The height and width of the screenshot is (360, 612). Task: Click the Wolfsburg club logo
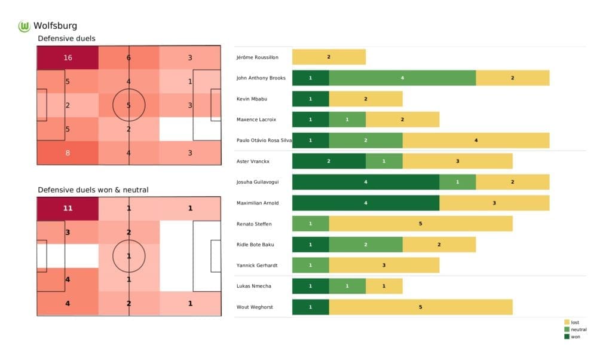[25, 26]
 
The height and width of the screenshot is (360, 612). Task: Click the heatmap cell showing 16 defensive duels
[67, 58]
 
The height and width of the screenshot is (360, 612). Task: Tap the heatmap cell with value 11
[67, 208]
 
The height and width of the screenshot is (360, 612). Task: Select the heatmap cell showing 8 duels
[67, 152]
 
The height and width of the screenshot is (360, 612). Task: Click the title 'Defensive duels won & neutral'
[93, 190]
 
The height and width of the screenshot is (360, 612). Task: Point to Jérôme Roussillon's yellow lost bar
[329, 57]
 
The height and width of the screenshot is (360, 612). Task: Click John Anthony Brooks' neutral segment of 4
[402, 78]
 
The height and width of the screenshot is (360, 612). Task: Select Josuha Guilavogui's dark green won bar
[365, 182]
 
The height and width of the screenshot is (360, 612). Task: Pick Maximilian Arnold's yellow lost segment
[494, 203]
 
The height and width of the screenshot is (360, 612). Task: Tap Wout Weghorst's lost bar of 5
[420, 307]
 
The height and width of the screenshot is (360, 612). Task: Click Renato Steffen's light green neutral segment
[310, 224]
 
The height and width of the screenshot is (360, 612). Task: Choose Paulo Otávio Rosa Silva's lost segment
[476, 141]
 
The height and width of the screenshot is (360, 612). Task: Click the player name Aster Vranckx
[253, 161]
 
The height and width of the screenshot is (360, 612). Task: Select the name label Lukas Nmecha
[255, 286]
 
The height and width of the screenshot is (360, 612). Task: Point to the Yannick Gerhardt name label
[258, 266]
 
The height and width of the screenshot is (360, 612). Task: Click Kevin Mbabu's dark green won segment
[310, 99]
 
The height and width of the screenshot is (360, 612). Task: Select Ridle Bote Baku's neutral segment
[365, 245]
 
